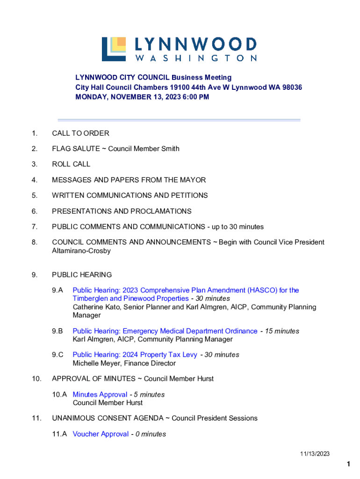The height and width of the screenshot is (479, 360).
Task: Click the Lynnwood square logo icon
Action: pyautogui.click(x=114, y=49)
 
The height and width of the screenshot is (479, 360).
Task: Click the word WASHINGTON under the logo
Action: pyautogui.click(x=196, y=58)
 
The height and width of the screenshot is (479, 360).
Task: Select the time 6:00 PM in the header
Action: pyautogui.click(x=194, y=97)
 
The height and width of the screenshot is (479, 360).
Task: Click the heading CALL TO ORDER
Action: pyautogui.click(x=80, y=133)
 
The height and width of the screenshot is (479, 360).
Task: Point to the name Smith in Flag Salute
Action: pyautogui.click(x=170, y=149)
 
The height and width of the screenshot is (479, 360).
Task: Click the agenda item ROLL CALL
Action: pyautogui.click(x=71, y=164)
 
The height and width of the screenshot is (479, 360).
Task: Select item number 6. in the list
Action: pyautogui.click(x=35, y=211)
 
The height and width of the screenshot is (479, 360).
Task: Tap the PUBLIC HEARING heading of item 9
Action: pyautogui.click(x=82, y=275)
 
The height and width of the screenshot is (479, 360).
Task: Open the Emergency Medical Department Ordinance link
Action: pyautogui.click(x=165, y=331)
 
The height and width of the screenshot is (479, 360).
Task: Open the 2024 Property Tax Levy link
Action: pyautogui.click(x=135, y=355)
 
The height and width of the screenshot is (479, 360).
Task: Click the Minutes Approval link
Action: pyautogui.click(x=100, y=394)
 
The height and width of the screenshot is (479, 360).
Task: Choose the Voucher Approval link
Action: pyautogui.click(x=101, y=434)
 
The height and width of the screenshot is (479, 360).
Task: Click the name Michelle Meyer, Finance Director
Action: pyautogui.click(x=124, y=363)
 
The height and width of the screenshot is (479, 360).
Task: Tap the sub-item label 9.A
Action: pyautogui.click(x=58, y=290)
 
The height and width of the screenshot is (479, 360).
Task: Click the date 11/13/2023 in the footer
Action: pyautogui.click(x=315, y=454)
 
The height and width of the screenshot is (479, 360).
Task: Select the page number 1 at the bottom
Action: pyautogui.click(x=348, y=464)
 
